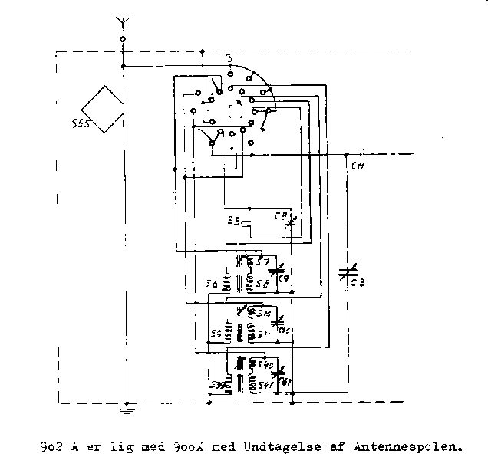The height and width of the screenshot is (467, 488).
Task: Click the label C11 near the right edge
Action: point(358,166)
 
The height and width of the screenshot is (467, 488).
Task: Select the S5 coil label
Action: point(233,222)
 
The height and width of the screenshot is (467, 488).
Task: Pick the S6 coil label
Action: point(211,284)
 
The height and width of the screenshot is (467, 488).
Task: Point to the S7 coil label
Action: point(263,263)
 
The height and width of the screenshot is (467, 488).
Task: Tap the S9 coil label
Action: point(216,332)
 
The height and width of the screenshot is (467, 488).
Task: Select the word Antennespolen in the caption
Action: point(415,444)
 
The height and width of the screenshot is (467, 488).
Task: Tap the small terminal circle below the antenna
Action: point(123,39)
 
